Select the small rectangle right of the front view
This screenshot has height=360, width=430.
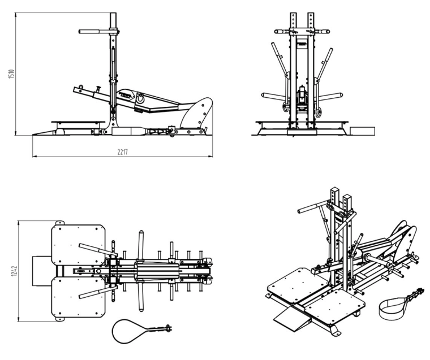(x=362, y=131)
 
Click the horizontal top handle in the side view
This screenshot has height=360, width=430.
(x=94, y=32)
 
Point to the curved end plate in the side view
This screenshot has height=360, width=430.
(x=200, y=113)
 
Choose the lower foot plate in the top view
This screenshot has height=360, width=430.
(x=79, y=298)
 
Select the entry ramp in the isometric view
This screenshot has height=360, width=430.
(x=292, y=319)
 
